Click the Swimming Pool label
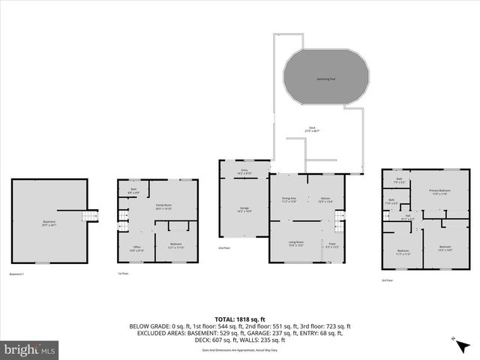point(325,79)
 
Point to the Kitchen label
point(324,199)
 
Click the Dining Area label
point(289,199)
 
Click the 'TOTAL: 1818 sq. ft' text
point(240,319)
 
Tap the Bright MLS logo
point(30,349)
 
